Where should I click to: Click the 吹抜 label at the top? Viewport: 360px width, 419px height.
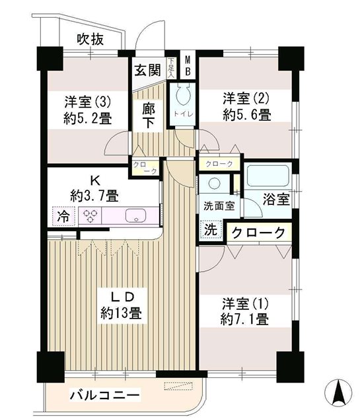90,39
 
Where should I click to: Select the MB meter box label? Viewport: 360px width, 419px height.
187,66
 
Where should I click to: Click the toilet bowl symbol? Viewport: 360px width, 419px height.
183,96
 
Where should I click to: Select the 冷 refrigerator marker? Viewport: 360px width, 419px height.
62,215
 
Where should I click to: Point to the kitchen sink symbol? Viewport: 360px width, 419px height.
135,215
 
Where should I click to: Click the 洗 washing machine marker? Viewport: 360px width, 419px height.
209,231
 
